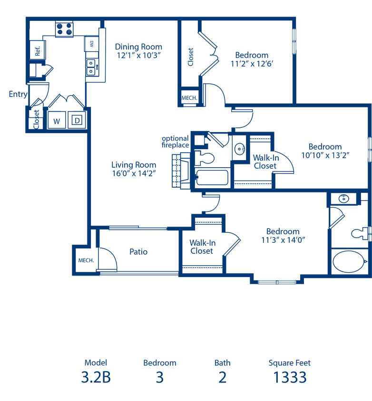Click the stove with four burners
tap(64, 29)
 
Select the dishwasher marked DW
tap(91, 44)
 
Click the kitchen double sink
tap(91, 67)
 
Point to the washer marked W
tap(57, 120)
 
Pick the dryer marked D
tap(77, 120)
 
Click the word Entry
tap(18, 94)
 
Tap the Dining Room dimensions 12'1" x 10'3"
tap(138, 55)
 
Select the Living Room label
tap(134, 165)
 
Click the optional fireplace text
tap(176, 142)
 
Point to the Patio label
tap(138, 252)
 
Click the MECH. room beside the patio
tap(86, 260)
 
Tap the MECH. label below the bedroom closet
tap(189, 98)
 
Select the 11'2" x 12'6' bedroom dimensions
tap(252, 64)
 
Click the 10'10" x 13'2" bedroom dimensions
tap(325, 155)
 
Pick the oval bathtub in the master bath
tap(350, 262)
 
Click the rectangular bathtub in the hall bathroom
tap(212, 177)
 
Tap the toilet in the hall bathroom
tap(204, 158)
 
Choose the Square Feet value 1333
tap(290, 377)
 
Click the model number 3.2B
tap(96, 377)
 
